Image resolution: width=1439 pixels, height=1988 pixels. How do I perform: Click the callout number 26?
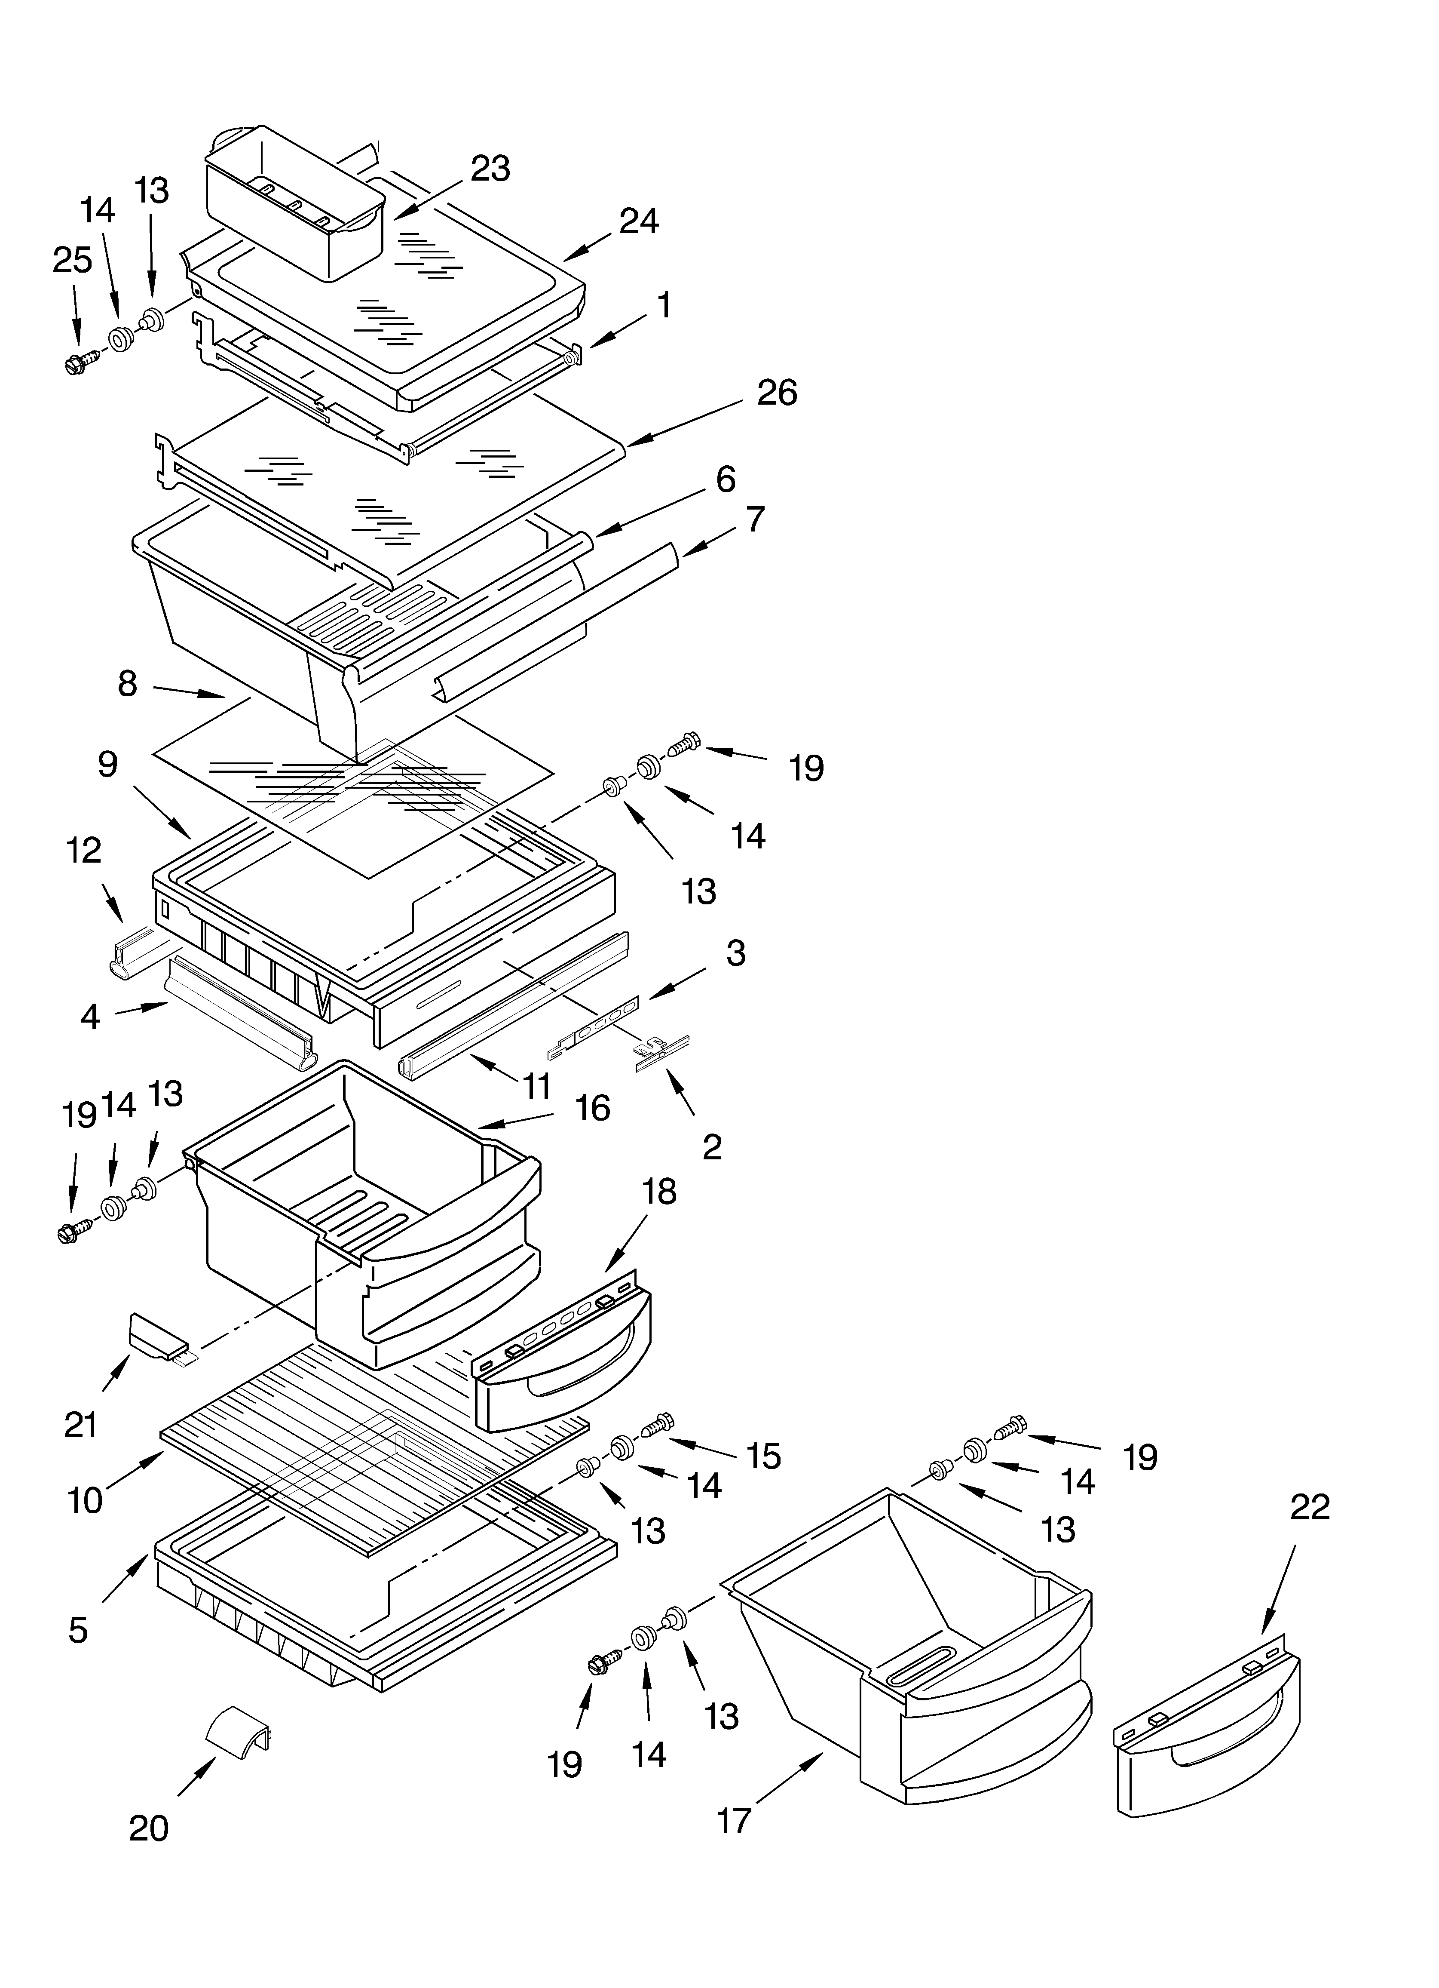tap(777, 393)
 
